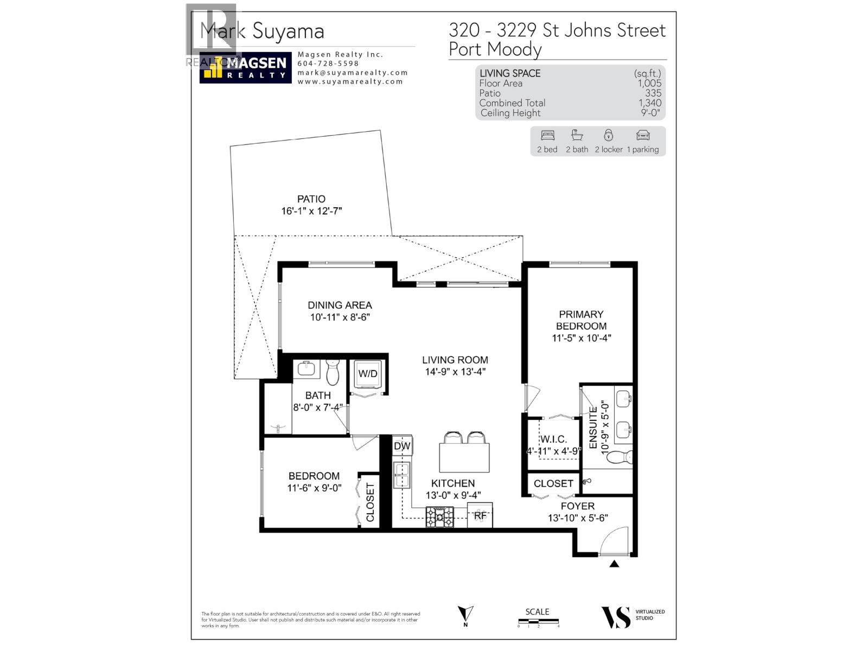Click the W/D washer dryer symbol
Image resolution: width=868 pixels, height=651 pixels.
368,374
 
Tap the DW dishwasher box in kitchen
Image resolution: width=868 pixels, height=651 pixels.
402,446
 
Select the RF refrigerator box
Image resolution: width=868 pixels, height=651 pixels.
480,515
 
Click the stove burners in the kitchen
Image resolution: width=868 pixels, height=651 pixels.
439,517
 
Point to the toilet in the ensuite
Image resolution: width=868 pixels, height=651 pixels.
620,457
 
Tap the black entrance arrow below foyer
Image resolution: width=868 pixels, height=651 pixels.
614,564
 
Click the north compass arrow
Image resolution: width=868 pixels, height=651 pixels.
465,615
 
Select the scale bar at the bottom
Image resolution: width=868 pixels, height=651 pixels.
538,622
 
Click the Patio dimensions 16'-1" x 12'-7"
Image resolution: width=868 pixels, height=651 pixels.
311,211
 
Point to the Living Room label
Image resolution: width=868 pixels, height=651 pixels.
455,360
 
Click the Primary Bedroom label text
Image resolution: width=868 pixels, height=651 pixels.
581,320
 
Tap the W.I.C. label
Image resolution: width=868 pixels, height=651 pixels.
553,439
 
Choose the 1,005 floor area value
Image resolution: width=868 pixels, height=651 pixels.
649,83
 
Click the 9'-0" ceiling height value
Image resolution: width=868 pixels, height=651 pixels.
650,113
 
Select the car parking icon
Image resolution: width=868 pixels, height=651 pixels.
643,135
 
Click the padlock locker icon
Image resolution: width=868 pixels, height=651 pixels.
609,135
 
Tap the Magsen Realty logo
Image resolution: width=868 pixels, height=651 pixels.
245,67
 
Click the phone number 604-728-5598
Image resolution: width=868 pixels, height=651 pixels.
328,63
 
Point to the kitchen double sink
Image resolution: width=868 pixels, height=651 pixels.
402,475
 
